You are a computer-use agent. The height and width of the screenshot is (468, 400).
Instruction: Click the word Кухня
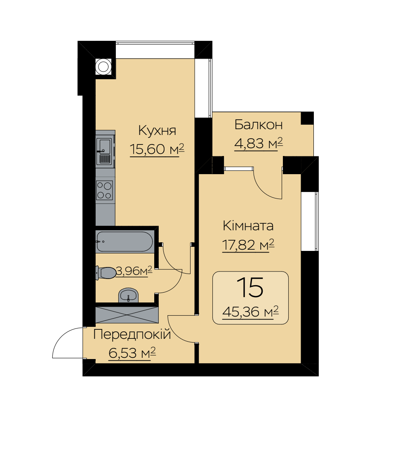(157, 131)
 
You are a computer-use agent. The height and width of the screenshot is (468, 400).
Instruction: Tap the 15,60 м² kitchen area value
(157, 149)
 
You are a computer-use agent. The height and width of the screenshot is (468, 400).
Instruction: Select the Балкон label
(258, 125)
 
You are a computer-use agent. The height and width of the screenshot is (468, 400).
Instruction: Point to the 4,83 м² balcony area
(258, 144)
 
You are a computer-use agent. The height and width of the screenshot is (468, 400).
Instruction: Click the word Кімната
(248, 226)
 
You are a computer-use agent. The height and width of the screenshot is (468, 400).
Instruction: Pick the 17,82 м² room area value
(248, 245)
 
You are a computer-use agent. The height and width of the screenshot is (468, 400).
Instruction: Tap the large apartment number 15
(250, 287)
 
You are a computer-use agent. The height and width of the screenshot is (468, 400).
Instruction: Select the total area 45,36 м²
(251, 312)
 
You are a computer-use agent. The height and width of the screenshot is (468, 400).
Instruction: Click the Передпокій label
(132, 335)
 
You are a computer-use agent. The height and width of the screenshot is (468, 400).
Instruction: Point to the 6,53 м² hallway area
(132, 353)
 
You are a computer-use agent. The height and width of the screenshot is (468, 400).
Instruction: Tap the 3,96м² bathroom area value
(134, 271)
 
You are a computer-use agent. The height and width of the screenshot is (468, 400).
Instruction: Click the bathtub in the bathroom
(125, 241)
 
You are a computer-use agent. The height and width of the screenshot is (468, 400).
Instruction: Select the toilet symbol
(106, 272)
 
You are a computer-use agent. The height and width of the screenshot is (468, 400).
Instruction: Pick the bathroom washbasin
(129, 295)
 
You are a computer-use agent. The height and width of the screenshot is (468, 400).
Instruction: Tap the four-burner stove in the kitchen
(104, 190)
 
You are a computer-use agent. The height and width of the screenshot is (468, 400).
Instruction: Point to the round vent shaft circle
(104, 67)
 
